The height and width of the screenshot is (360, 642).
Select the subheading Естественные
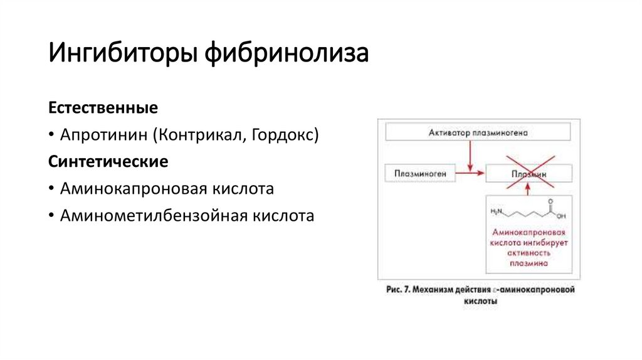point(103,108)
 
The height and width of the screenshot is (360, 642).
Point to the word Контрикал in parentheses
point(199,135)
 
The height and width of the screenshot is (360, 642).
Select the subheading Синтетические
point(108,162)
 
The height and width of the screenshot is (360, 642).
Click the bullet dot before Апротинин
point(53,135)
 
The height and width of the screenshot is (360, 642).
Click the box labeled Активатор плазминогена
point(478,132)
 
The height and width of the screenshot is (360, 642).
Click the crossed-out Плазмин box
point(529,172)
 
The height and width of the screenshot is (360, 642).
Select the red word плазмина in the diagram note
point(528,264)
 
